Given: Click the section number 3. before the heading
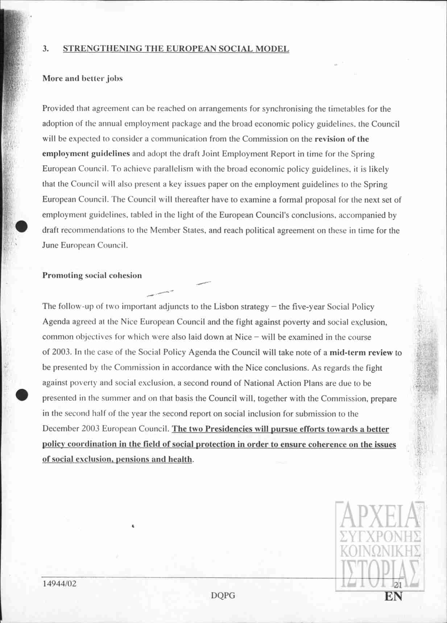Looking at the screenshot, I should click(46, 49).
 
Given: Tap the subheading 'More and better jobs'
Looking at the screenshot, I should click(83, 78).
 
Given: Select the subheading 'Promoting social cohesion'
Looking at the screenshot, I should click(92, 275).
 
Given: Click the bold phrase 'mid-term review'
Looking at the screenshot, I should click(361, 352).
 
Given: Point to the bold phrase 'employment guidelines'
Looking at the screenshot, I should click(86, 154).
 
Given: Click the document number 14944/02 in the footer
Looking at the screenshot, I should click(59, 583).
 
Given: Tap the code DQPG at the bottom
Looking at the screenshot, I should click(223, 595).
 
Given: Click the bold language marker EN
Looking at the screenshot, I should click(393, 597).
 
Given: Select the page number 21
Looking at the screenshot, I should click(398, 585).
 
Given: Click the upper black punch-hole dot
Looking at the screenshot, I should click(22, 226).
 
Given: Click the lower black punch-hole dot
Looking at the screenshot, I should click(22, 394).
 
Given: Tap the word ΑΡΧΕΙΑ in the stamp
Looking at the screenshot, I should click(380, 515).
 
